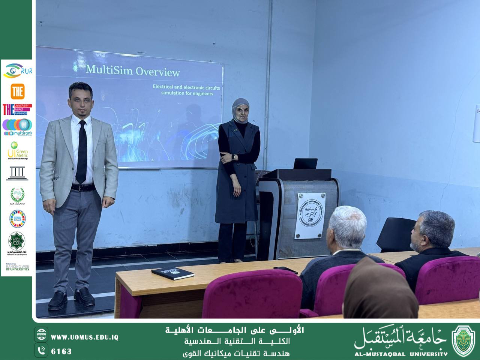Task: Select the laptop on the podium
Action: click(x=305, y=163)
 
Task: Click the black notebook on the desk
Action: click(x=173, y=273)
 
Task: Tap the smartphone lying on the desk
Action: click(x=285, y=270)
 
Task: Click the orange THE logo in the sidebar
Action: click(x=17, y=91)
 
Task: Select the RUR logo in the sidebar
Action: click(x=17, y=70)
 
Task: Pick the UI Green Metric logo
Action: click(x=17, y=150)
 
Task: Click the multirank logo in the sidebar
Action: click(x=17, y=127)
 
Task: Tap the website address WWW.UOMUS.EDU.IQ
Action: click(x=85, y=337)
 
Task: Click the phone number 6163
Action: click(x=61, y=351)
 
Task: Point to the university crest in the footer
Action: click(x=463, y=340)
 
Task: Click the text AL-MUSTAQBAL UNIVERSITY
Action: click(x=401, y=354)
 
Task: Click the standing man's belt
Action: click(x=83, y=187)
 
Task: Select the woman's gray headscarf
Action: click(x=240, y=108)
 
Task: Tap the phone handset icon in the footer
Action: click(x=41, y=351)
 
